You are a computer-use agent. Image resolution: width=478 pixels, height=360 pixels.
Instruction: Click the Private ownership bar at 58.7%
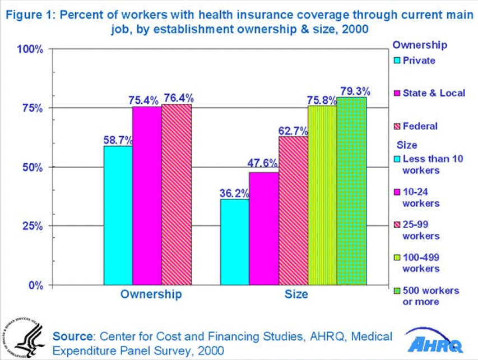[x=118, y=215]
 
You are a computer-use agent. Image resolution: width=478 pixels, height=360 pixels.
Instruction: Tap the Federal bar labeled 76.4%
[x=177, y=194]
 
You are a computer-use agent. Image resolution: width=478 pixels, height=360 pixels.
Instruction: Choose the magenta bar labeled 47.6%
[x=264, y=228]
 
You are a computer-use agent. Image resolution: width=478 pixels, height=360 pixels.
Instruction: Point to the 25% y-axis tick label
[x=33, y=226]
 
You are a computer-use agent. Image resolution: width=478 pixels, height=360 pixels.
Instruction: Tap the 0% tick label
[x=35, y=285]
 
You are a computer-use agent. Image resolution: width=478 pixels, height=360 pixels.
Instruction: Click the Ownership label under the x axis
[x=151, y=294]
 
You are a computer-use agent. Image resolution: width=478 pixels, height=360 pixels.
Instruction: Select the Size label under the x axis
[x=296, y=294]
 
